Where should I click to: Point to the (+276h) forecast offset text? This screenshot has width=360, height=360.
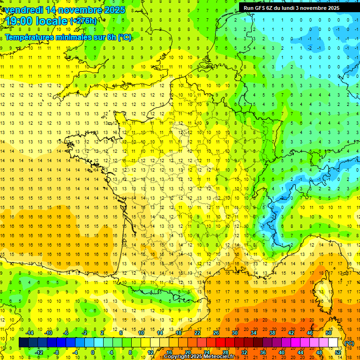coord(83,21)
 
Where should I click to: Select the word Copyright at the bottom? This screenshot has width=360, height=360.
coord(177,357)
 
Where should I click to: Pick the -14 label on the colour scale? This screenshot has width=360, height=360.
coord(30,333)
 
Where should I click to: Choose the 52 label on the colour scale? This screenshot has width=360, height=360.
coord(338,352)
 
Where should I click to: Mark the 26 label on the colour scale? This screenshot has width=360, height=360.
coord(216,333)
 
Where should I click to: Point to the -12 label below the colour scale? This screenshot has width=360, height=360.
coord(39,352)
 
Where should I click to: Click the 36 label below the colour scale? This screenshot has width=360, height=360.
coord(262,352)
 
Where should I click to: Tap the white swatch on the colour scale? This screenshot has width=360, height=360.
coord(333,343)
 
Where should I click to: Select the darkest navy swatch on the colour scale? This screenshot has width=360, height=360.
coord(23,343)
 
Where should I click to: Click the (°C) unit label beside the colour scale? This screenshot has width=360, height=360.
coord(349,343)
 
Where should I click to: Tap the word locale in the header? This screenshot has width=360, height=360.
coord(51,21)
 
